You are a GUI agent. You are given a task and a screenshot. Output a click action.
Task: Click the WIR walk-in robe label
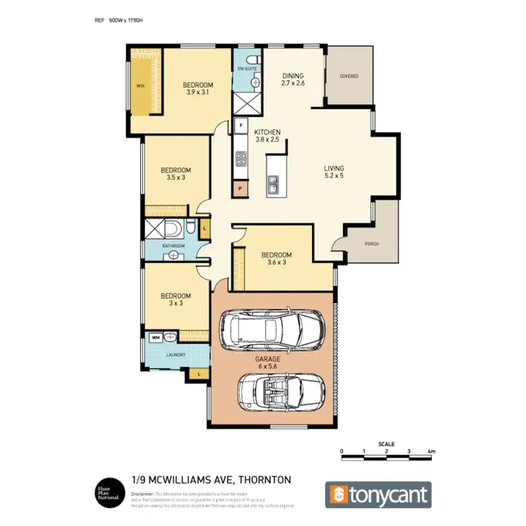[x=140, y=87]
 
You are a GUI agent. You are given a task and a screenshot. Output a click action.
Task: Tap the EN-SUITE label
[x=247, y=69]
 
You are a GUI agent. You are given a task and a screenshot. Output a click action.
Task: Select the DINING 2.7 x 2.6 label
[x=293, y=79]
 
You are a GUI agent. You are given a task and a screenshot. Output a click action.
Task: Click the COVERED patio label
[x=349, y=76]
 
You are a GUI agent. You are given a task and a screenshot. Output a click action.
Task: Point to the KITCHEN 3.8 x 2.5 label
[x=267, y=136]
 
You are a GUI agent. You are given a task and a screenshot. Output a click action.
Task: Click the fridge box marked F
[x=241, y=126]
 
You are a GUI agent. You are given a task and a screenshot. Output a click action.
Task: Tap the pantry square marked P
[x=241, y=189]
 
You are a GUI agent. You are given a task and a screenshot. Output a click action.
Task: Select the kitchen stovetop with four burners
[x=241, y=159]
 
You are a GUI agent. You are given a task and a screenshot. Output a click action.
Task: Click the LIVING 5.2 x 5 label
[x=334, y=173]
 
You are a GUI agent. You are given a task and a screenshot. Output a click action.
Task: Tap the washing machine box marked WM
[x=155, y=337]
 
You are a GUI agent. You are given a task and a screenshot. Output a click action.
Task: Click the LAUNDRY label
[x=175, y=355]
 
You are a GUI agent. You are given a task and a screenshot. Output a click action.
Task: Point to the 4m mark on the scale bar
[x=431, y=451]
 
